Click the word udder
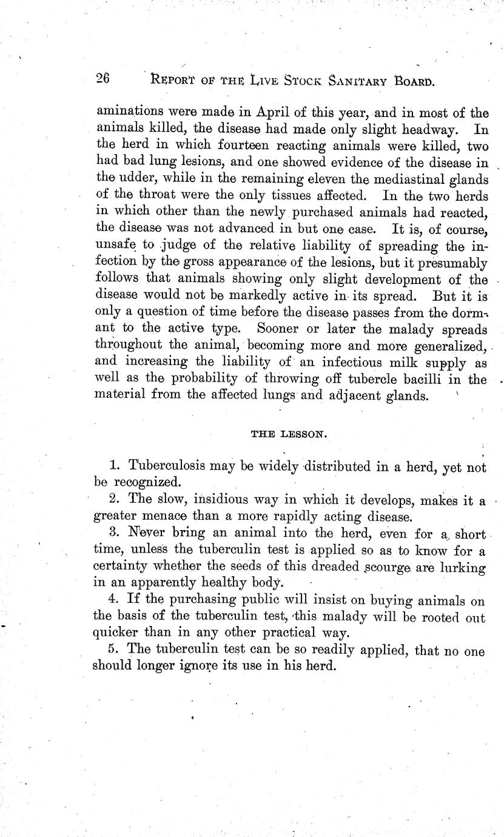click(137, 178)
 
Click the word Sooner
click(280, 329)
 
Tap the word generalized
click(450, 346)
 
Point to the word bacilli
click(432, 379)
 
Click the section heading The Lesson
click(289, 434)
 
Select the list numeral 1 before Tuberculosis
click(114, 466)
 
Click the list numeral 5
click(112, 650)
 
